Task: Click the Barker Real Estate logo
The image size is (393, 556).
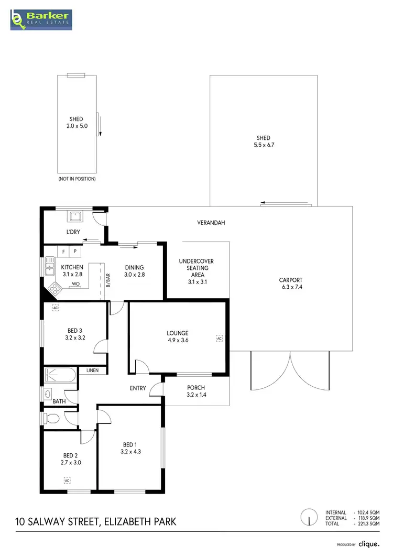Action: click(x=41, y=19)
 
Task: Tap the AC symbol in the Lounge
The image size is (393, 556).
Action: click(x=220, y=339)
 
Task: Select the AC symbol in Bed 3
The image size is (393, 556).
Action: click(x=56, y=308)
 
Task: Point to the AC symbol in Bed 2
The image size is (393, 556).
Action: click(x=67, y=479)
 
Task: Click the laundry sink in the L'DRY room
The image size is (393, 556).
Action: click(x=74, y=215)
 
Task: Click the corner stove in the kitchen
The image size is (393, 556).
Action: click(x=53, y=287)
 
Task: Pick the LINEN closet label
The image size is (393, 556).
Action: click(x=92, y=370)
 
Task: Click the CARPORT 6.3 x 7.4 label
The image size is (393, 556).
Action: click(x=291, y=284)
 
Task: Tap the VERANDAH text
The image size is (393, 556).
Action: click(x=211, y=223)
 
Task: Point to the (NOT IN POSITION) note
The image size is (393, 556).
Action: click(x=77, y=179)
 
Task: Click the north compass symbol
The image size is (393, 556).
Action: click(x=309, y=518)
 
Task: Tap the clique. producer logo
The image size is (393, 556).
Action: click(x=369, y=544)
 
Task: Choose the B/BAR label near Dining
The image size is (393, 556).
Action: click(x=108, y=281)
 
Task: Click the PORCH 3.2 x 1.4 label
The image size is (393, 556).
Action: click(x=196, y=391)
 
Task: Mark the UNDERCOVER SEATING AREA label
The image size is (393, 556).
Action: click(x=196, y=268)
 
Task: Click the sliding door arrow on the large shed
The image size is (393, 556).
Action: click(x=271, y=202)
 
